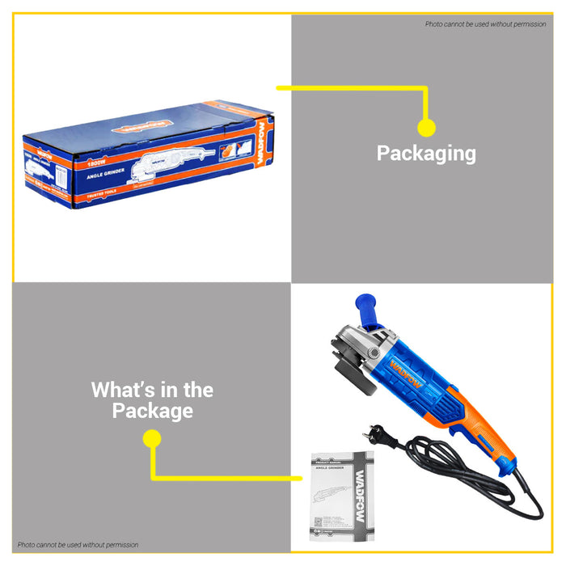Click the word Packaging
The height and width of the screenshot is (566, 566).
[426, 153]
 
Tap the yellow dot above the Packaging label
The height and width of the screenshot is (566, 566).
[426, 127]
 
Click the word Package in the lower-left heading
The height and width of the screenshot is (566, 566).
[152, 411]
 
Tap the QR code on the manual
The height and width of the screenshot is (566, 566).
[319, 526]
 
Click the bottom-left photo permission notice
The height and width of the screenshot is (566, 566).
[77, 544]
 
